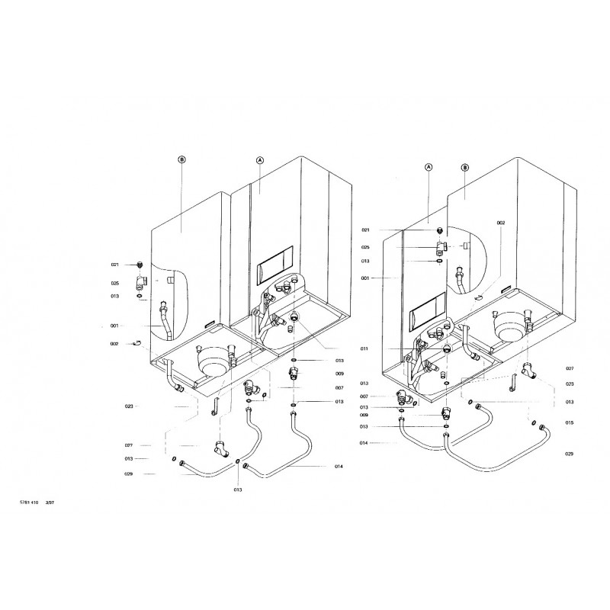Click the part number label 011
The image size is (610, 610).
click(x=364, y=348)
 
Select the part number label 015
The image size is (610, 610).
click(x=569, y=422)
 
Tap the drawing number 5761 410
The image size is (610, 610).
click(x=29, y=502)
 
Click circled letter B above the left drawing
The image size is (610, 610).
click(x=181, y=159)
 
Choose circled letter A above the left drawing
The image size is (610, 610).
click(x=259, y=160)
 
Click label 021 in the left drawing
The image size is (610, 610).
click(x=114, y=265)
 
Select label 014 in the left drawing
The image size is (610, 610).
click(x=338, y=465)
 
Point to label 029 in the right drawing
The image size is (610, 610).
click(x=569, y=454)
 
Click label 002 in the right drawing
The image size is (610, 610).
click(x=500, y=223)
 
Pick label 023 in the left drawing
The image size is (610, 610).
click(x=129, y=406)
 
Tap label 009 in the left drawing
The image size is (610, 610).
click(x=339, y=374)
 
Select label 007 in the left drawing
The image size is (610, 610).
click(x=339, y=387)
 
